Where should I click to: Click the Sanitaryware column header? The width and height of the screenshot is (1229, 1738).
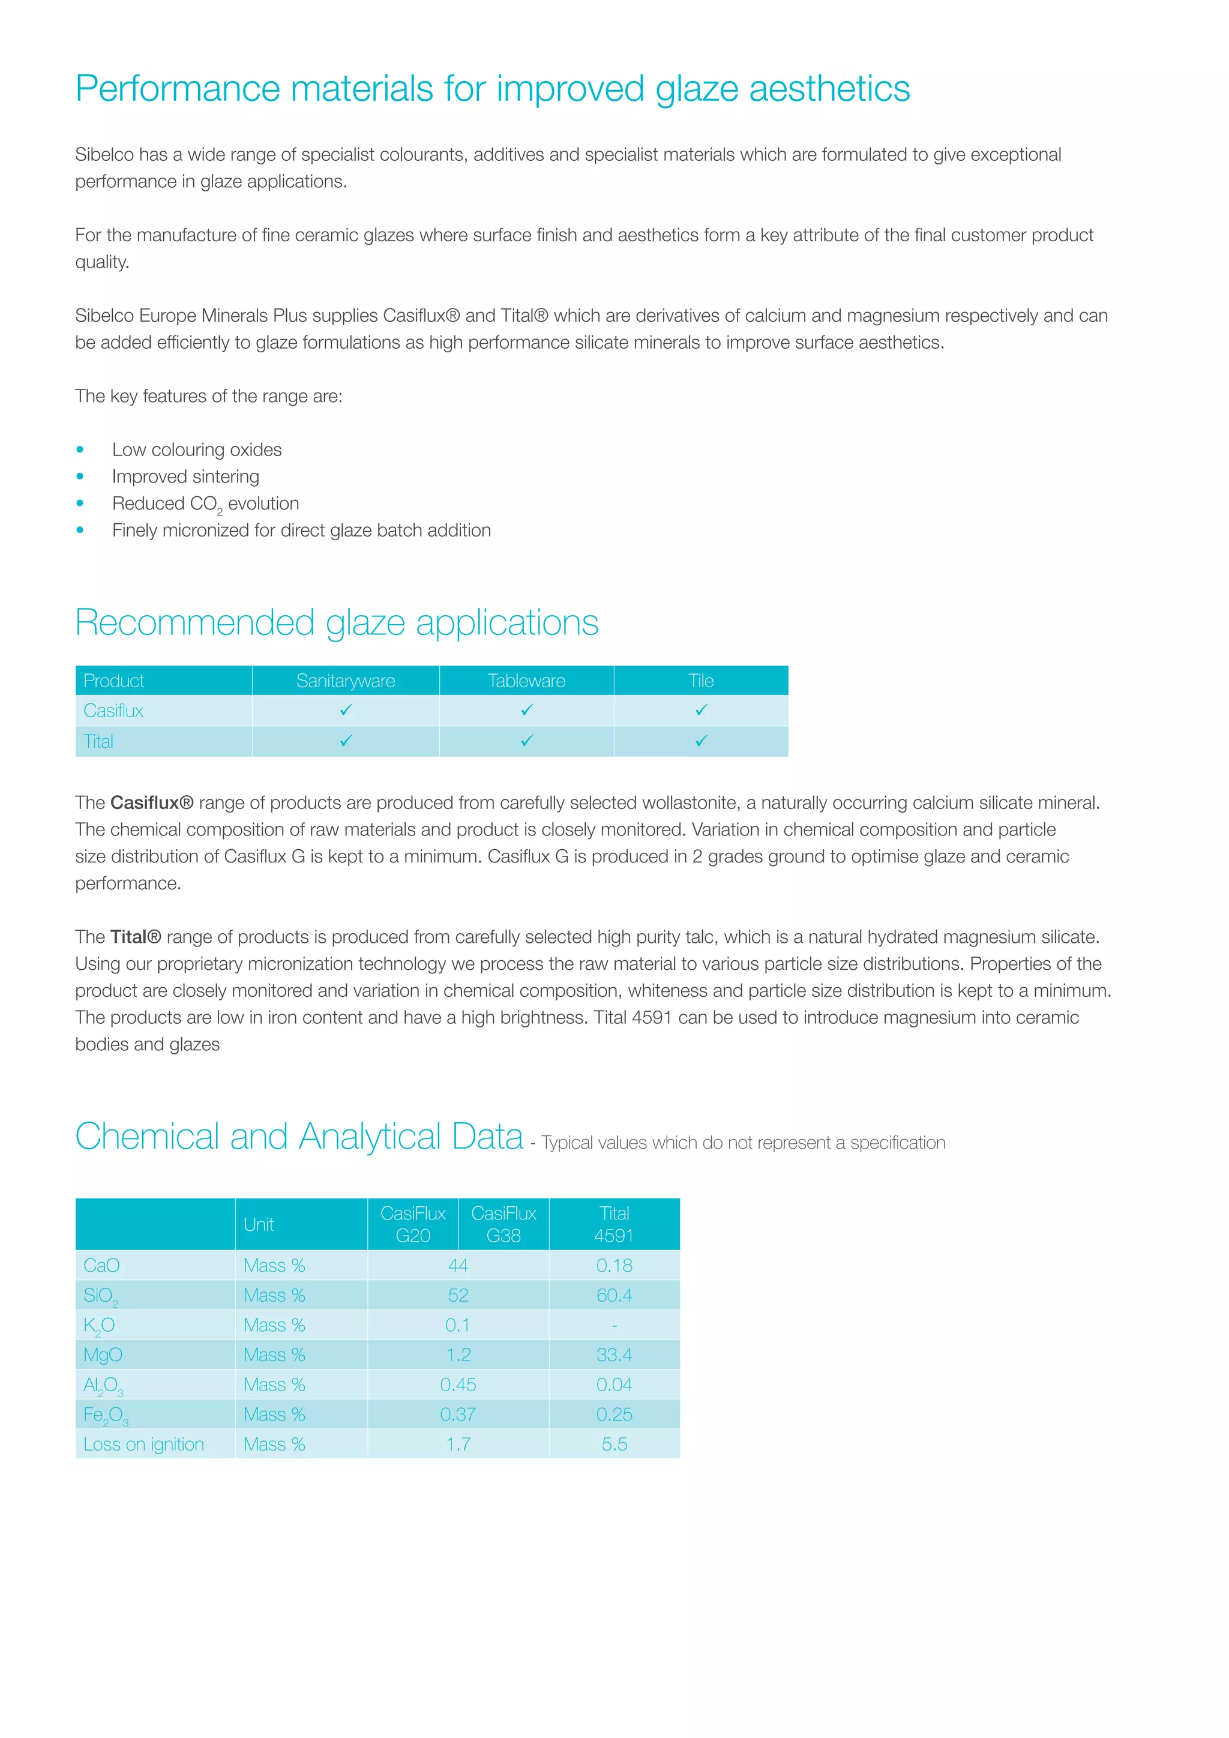pyautogui.click(x=345, y=681)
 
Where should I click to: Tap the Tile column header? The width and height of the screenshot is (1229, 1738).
pyautogui.click(x=701, y=681)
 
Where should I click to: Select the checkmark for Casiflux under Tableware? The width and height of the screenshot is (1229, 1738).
pyautogui.click(x=527, y=710)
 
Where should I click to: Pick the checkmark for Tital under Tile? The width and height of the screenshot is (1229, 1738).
pyautogui.click(x=702, y=741)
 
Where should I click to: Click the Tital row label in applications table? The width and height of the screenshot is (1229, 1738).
pyautogui.click(x=98, y=742)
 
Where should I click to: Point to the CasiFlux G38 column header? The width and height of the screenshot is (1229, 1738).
pyautogui.click(x=503, y=1224)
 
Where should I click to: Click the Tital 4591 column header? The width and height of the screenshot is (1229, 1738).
pyautogui.click(x=614, y=1224)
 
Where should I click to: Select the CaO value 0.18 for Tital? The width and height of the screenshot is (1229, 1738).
pyautogui.click(x=614, y=1266)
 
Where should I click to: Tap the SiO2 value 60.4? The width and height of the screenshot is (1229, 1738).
pyautogui.click(x=614, y=1295)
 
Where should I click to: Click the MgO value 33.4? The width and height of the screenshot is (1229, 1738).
pyautogui.click(x=614, y=1355)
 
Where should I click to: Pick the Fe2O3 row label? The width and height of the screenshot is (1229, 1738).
pyautogui.click(x=105, y=1415)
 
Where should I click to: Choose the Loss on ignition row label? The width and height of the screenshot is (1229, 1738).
pyautogui.click(x=144, y=1445)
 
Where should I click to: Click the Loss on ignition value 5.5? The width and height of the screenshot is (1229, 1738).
pyautogui.click(x=614, y=1445)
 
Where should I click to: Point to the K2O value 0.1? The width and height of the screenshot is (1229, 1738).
pyautogui.click(x=457, y=1326)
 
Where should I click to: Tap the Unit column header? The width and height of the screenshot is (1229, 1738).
pyautogui.click(x=259, y=1225)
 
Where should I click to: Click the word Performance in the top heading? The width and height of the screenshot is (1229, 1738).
pyautogui.click(x=178, y=89)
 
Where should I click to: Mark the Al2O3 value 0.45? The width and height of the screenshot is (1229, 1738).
pyautogui.click(x=458, y=1385)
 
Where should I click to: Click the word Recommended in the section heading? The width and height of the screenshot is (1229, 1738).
pyautogui.click(x=194, y=623)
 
